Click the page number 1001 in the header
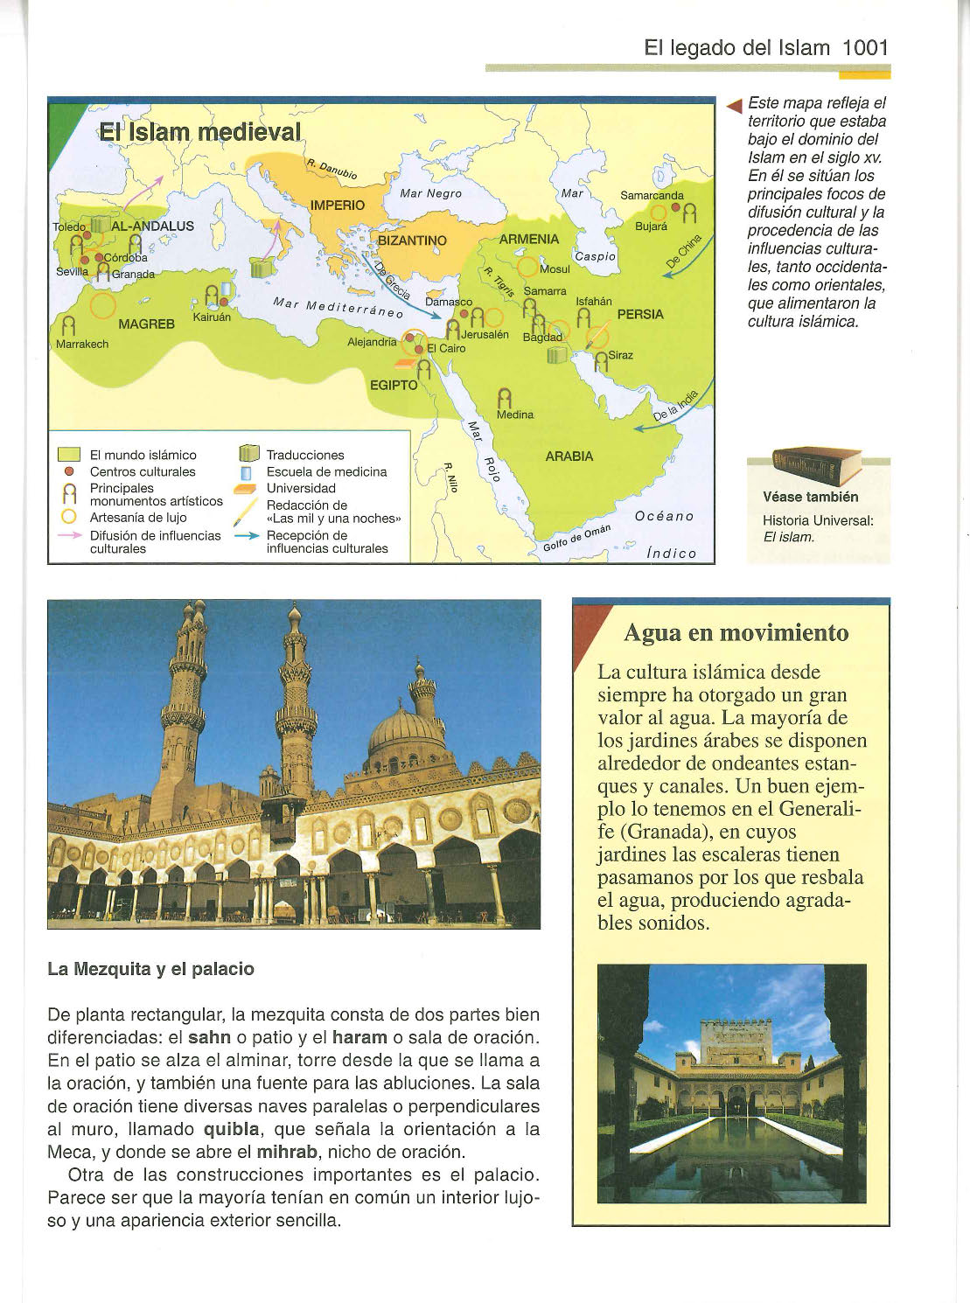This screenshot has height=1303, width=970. tap(865, 47)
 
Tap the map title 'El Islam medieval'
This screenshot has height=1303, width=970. tap(199, 133)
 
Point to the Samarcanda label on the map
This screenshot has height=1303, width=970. tap(652, 196)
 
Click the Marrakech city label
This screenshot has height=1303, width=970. tap(82, 344)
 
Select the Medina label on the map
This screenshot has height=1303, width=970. tap(514, 415)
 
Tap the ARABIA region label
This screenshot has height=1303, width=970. tap(569, 456)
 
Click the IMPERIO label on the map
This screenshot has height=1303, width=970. tap(338, 205)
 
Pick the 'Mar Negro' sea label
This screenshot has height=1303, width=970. tap(430, 193)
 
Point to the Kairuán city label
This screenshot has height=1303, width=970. tap(212, 317)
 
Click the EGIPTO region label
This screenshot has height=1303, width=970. tap(394, 385)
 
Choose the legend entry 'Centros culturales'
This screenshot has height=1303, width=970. tap(143, 471)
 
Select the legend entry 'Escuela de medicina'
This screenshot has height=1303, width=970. tap(326, 471)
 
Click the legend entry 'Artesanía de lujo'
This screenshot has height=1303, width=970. tap(138, 518)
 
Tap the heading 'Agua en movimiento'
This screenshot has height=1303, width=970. tap(736, 632)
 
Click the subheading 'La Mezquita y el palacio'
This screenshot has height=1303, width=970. tap(150, 969)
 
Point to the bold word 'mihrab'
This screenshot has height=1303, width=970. tap(286, 1152)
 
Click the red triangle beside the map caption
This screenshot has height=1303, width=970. tap(735, 107)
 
